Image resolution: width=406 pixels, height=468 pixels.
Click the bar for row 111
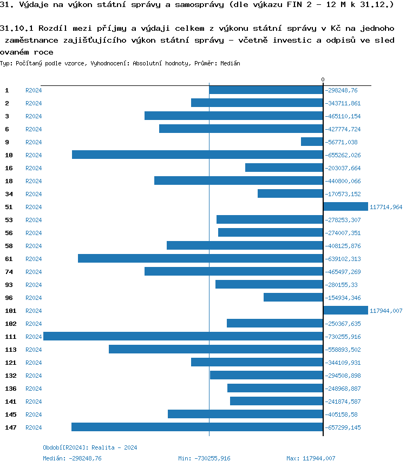click(x=183, y=337)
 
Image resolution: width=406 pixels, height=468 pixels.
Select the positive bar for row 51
click(x=345, y=207)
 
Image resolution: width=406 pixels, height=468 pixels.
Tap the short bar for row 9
click(x=312, y=142)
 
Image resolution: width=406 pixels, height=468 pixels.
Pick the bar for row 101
click(x=345, y=311)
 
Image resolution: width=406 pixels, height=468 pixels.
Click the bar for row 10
click(x=198, y=155)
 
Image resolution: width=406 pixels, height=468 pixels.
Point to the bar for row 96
click(x=293, y=298)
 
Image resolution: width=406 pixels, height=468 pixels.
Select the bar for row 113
click(x=216, y=350)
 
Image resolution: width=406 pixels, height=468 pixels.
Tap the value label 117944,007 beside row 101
click(x=386, y=311)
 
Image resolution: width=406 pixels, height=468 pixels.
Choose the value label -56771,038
click(x=342, y=142)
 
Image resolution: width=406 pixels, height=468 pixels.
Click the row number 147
click(x=11, y=427)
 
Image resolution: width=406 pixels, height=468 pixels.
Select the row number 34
click(x=9, y=194)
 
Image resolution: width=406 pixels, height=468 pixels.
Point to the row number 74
click(x=9, y=272)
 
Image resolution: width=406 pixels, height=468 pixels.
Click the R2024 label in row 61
click(x=34, y=259)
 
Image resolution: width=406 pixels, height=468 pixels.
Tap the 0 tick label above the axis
click(x=323, y=80)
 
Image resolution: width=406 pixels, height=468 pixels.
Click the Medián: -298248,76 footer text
click(x=72, y=458)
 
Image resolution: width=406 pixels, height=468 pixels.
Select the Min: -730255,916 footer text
click(x=204, y=458)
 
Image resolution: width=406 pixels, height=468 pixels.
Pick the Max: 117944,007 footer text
click(x=311, y=458)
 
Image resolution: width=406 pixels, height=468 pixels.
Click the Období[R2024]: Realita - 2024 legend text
click(x=90, y=447)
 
